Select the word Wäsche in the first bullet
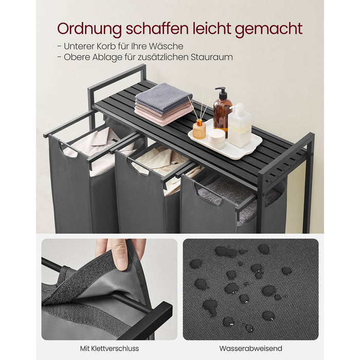168,46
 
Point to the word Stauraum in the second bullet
213,57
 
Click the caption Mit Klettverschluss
109,348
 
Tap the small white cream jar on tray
217,138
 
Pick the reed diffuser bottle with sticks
199,129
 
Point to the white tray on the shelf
225,147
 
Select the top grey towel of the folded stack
164,96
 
